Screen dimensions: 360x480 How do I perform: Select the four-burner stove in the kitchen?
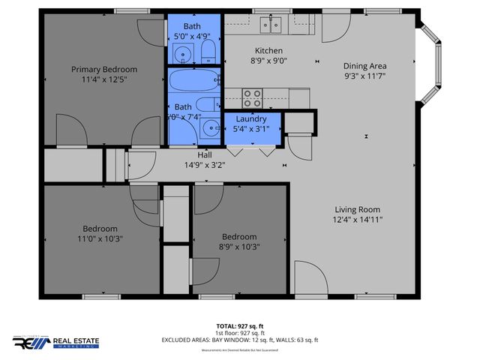[253, 97]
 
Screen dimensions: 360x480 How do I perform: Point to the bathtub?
[193, 79]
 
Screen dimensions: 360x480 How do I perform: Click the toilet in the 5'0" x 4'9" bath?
[208, 52]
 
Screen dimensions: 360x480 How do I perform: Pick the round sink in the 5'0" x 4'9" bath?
[182, 53]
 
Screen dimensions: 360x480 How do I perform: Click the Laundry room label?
[251, 119]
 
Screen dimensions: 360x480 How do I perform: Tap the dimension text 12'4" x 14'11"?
[358, 220]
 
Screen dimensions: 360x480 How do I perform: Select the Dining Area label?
[366, 65]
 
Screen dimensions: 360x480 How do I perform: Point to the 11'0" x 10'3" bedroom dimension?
[100, 238]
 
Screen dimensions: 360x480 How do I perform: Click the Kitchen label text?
[247, 51]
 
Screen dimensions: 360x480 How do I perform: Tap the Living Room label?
[358, 209]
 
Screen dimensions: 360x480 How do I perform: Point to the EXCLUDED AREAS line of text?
[239, 340]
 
